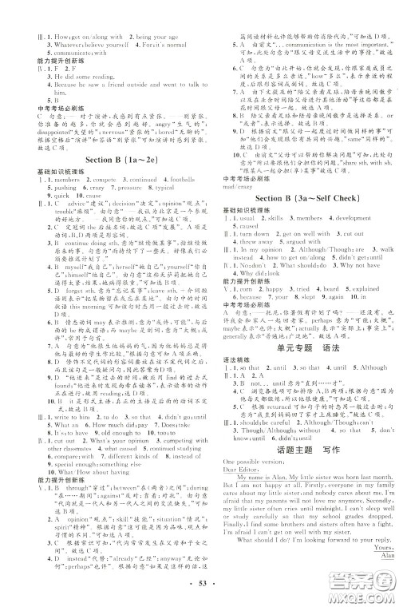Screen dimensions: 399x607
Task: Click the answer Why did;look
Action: pos(257,273)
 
